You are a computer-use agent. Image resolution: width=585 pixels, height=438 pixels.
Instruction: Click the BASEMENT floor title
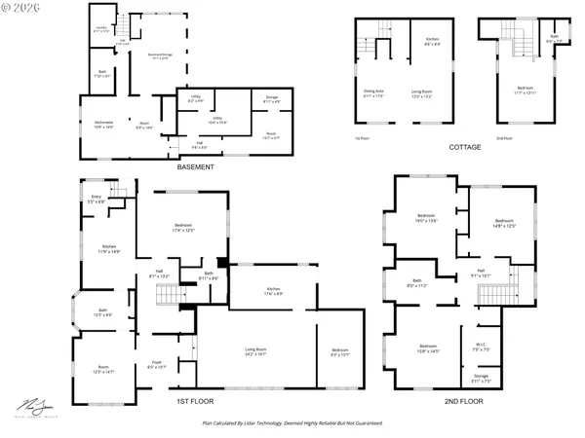[x=196, y=166]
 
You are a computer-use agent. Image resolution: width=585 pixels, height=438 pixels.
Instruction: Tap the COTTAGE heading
[x=465, y=147]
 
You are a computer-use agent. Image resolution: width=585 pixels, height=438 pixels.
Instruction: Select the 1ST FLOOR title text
[x=195, y=400]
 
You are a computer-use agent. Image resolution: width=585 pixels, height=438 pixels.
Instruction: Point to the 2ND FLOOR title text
[x=464, y=400]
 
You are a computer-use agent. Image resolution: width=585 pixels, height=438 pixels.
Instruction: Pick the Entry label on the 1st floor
[x=96, y=200]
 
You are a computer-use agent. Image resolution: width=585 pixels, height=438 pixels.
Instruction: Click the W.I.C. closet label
[x=483, y=344]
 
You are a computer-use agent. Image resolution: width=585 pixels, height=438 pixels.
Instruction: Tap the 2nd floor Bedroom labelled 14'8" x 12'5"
[x=504, y=223]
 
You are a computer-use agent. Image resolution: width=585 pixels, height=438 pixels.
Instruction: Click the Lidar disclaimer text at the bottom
[x=292, y=423]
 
